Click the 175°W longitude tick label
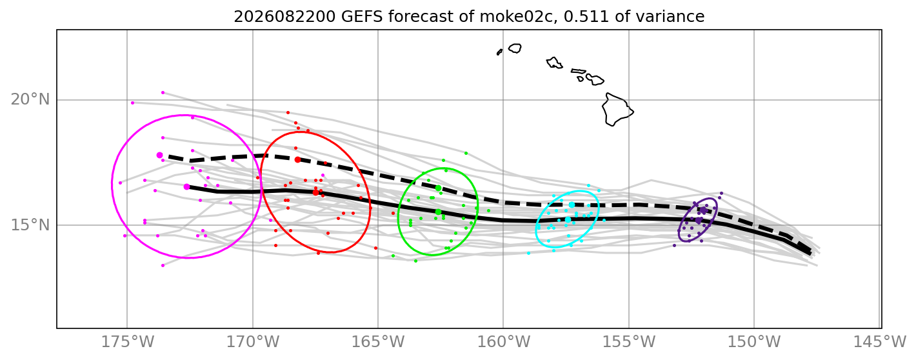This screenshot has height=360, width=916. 127,341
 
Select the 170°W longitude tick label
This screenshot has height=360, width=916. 253,341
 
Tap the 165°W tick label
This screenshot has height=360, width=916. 378,341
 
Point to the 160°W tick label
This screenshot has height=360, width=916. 503,341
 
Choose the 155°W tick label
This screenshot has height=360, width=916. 629,341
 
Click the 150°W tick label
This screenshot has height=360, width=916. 754,341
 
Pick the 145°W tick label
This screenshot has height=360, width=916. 879,341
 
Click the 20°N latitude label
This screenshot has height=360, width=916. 30,99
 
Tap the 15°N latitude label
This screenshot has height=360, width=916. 30,225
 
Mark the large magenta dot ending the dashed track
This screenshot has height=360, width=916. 159,155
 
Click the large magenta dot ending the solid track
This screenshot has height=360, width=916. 186,186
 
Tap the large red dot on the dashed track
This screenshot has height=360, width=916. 298,159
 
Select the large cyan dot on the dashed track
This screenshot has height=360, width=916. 572,205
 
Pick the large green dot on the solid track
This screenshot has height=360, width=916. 438,212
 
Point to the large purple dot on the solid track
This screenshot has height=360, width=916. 699,220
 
